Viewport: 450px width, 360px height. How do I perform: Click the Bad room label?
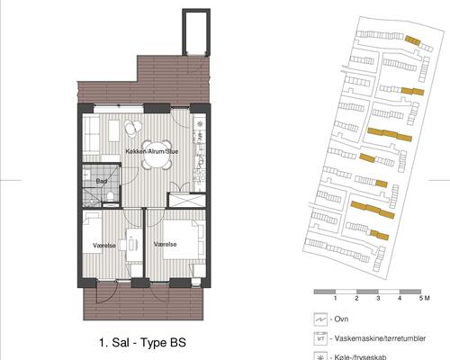(102, 181)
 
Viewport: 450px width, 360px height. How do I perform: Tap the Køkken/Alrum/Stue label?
(152, 151)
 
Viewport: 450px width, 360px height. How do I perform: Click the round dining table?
(157, 155)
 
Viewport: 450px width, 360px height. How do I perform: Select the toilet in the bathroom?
(110, 196)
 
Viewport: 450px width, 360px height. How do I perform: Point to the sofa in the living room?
(91, 134)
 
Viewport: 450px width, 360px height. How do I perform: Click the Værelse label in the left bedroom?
(104, 246)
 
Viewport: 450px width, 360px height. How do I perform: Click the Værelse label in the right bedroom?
(165, 245)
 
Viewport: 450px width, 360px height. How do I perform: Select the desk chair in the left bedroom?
(122, 245)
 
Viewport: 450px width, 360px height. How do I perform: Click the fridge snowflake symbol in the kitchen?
(200, 123)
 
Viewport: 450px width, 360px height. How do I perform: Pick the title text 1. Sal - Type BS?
(142, 342)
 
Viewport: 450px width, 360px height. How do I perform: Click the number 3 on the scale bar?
(378, 298)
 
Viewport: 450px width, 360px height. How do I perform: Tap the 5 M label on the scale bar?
(425, 298)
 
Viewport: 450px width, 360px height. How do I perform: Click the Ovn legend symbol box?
(320, 319)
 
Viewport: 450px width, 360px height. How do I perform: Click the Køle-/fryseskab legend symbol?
(320, 355)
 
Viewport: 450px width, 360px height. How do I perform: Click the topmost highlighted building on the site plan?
(412, 40)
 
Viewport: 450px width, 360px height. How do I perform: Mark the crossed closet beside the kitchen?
(186, 200)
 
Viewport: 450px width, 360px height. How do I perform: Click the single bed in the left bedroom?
(93, 233)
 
